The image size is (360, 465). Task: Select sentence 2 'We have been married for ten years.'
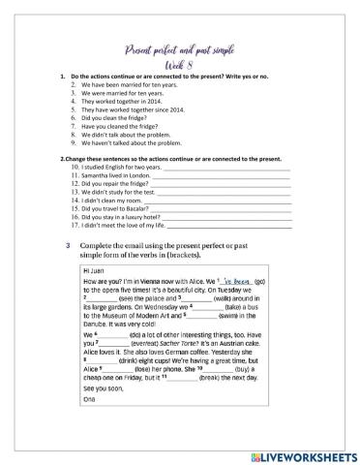click(x=124, y=85)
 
